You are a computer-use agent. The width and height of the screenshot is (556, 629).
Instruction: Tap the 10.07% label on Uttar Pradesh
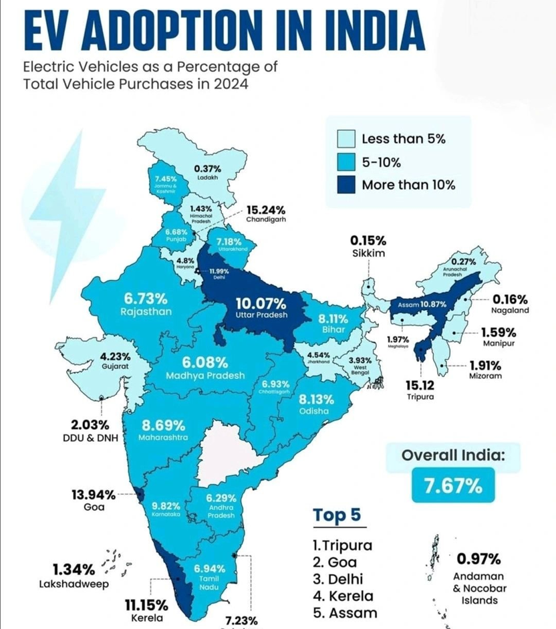point(261,303)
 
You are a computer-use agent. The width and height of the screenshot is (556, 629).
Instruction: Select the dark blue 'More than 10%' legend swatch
point(345,184)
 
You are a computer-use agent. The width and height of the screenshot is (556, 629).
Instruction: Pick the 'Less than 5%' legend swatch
point(345,138)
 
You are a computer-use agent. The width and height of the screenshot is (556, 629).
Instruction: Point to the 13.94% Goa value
point(93,495)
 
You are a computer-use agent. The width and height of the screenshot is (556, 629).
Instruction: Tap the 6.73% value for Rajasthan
point(146,298)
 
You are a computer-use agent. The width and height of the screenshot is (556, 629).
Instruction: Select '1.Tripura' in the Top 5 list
point(343,545)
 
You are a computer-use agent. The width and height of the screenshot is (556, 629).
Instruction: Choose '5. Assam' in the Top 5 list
point(345,612)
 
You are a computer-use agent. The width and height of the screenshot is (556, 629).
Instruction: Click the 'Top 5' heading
point(337,515)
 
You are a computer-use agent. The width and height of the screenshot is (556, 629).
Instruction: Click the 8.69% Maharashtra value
point(164,425)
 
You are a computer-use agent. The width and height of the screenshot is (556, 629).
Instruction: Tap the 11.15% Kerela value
point(146,606)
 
